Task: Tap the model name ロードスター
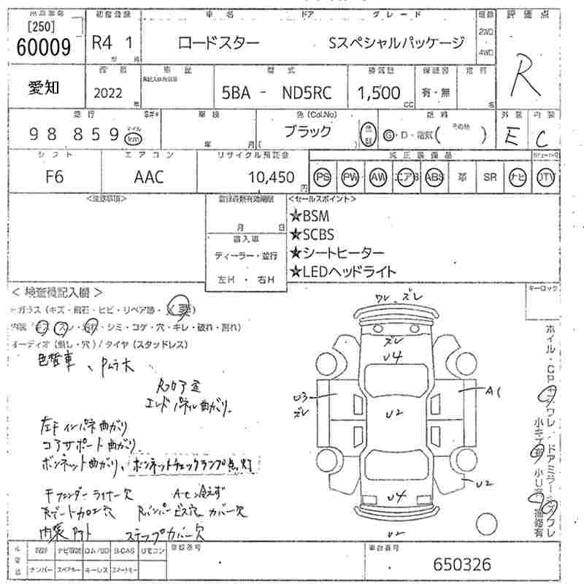(x=218, y=43)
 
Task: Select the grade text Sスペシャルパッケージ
(x=396, y=43)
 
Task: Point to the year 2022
(x=109, y=93)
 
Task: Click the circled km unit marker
(x=132, y=138)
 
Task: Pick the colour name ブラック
(x=306, y=132)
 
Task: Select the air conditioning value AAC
(x=149, y=177)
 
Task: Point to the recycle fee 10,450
(x=271, y=177)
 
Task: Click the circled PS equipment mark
(x=321, y=177)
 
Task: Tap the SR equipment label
(x=490, y=177)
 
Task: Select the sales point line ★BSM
(x=310, y=216)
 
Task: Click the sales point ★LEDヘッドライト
(x=343, y=272)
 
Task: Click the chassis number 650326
(x=462, y=564)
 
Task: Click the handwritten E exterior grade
(x=512, y=139)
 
